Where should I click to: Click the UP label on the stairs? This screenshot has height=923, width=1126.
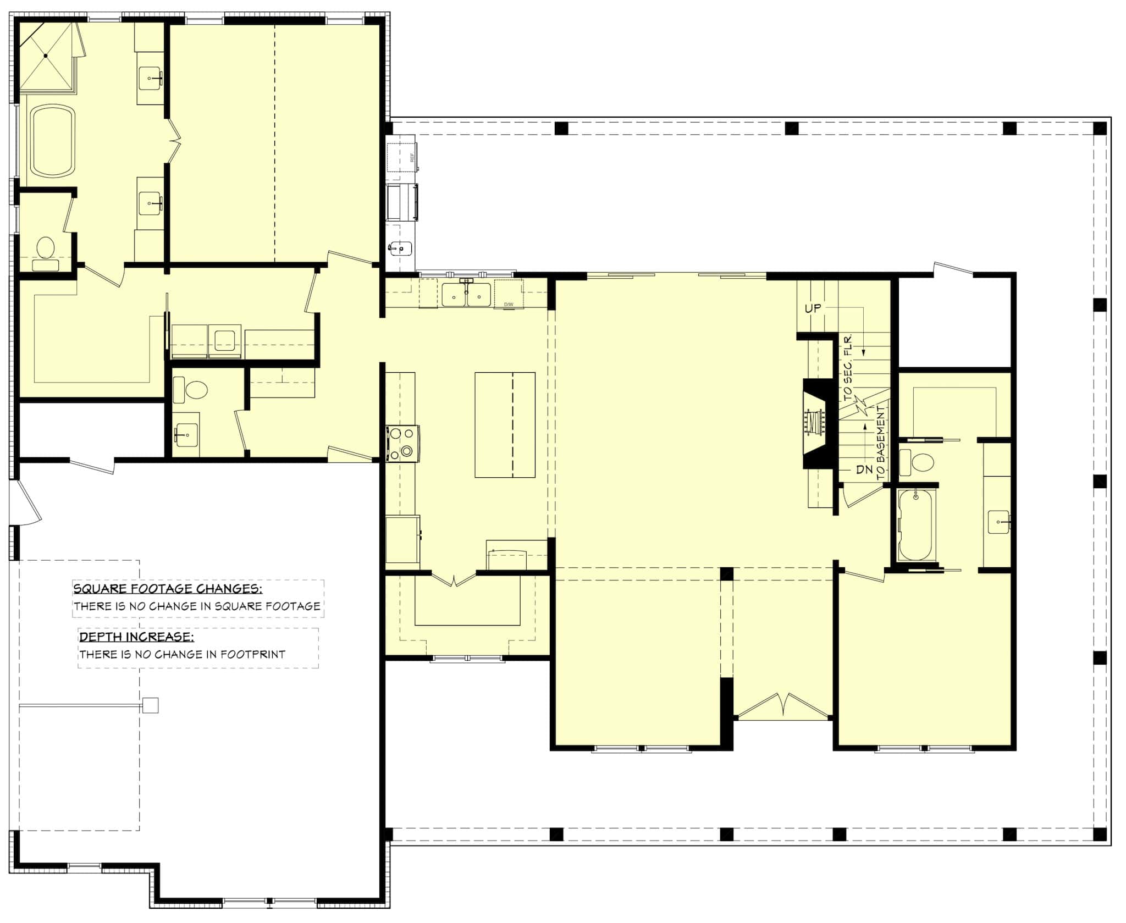[x=813, y=308]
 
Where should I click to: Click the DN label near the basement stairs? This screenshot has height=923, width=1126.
[x=864, y=469]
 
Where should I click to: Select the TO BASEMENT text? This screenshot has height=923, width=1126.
[x=881, y=443]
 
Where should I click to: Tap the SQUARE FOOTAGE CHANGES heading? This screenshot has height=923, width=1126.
[x=167, y=589]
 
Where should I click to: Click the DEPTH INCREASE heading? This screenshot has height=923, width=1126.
[x=136, y=637]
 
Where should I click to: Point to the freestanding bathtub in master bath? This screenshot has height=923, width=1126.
[x=52, y=141]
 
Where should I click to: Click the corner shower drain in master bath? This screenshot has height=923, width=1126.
[x=46, y=56]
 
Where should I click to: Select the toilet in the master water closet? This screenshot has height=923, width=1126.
[x=45, y=248]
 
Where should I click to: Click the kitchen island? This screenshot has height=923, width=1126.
[x=505, y=424]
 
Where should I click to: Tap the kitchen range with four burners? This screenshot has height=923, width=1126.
[x=402, y=443]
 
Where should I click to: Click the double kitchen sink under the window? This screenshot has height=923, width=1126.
[x=466, y=295]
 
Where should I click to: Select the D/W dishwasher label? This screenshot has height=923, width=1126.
[x=508, y=304]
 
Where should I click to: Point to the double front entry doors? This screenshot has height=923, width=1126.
[x=783, y=706]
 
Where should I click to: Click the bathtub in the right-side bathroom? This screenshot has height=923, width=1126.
[x=915, y=525]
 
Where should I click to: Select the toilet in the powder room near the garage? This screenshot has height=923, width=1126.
[x=196, y=391]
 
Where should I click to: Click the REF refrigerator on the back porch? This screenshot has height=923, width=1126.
[x=401, y=158]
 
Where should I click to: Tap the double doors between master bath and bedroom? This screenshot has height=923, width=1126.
[x=174, y=141]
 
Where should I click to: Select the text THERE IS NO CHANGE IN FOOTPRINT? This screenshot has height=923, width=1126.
[x=182, y=654]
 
